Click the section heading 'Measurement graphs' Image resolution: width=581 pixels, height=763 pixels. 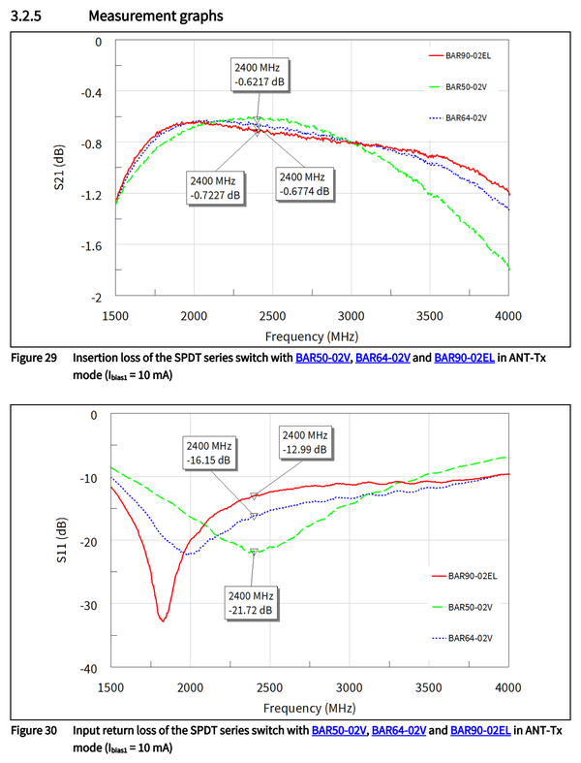tap(154, 16)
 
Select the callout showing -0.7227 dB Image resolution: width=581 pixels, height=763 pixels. tap(216, 187)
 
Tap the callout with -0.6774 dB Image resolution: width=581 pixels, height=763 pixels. tap(304, 184)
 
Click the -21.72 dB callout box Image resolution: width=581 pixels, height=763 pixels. tap(251, 601)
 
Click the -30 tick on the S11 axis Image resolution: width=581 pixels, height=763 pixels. tap(92, 604)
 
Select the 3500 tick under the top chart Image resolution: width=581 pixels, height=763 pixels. tap(430, 316)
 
